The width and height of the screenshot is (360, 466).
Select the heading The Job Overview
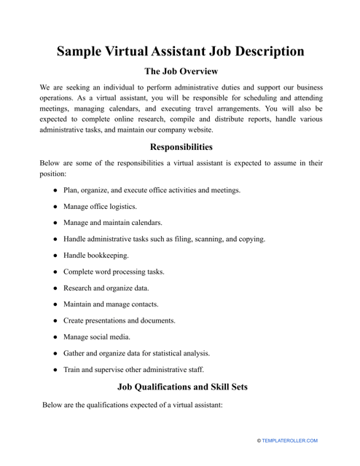tap(181, 72)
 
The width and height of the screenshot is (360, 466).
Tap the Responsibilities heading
tap(181, 146)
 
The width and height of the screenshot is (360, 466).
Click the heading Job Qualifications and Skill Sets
tap(181, 387)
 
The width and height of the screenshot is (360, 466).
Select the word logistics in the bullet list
tap(128, 206)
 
